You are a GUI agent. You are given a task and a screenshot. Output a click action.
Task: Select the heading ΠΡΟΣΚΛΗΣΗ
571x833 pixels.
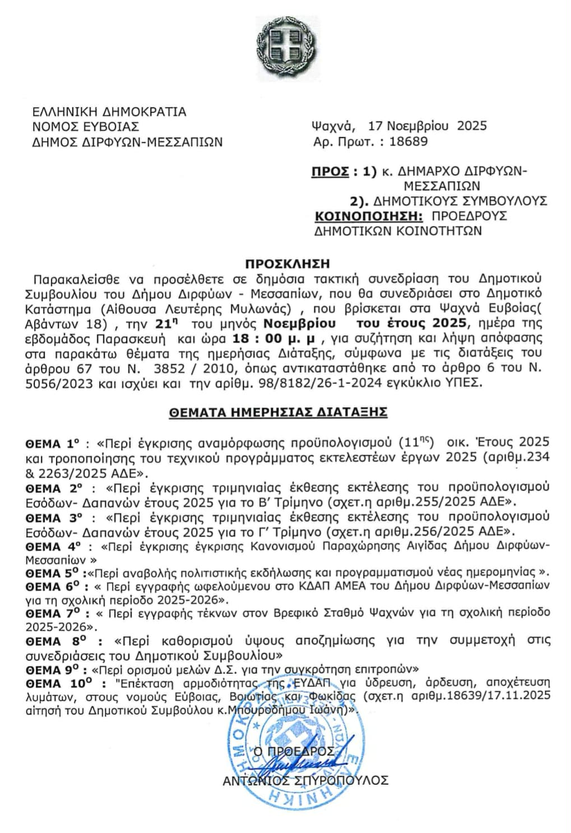[288, 263]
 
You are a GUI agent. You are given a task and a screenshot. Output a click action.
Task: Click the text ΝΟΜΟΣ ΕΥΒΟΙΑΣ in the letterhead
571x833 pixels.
[86, 127]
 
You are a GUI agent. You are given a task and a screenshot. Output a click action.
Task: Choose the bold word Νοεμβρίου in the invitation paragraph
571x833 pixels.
[300, 323]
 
